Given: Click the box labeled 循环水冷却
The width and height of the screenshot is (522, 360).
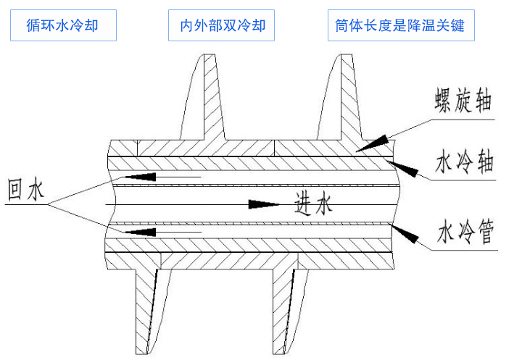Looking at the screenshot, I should (x=62, y=26).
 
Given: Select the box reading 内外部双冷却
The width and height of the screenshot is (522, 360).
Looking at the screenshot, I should (x=221, y=26).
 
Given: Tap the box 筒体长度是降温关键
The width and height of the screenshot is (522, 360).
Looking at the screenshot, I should (x=400, y=26).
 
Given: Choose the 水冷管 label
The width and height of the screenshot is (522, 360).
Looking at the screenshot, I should (x=464, y=234).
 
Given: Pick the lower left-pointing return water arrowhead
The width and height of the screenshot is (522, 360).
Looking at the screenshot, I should (x=141, y=232).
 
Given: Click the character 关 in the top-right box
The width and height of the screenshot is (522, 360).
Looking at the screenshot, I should (x=444, y=26).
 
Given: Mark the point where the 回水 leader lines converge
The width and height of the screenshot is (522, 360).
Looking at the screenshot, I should (x=49, y=205).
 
